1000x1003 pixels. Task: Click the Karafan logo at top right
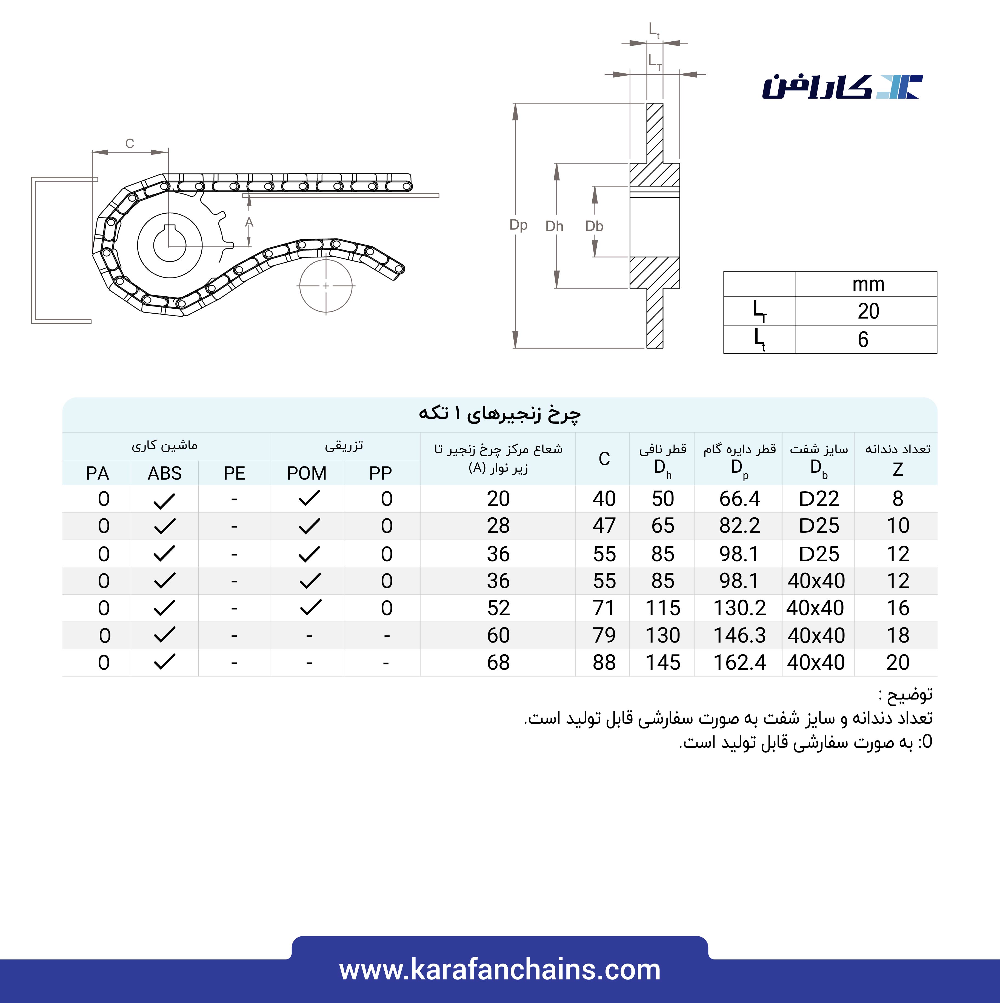tap(842, 87)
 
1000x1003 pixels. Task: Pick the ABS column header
tap(165, 473)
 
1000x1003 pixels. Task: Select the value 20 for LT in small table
tap(868, 311)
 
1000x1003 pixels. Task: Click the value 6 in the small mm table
tap(863, 340)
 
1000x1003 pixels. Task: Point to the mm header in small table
tap(868, 285)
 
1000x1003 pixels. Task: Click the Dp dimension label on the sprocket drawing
tap(518, 225)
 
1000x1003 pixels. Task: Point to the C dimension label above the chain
tap(130, 143)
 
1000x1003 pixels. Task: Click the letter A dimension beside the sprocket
tap(249, 222)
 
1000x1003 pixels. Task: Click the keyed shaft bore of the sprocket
tap(170, 245)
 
